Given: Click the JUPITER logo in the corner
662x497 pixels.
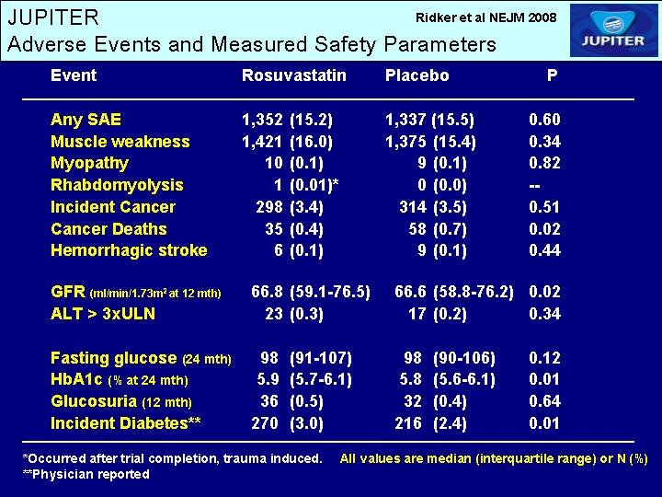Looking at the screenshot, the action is click(613, 30).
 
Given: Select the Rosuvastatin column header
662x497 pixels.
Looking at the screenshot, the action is click(294, 75).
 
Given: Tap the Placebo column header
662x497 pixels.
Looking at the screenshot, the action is click(417, 75).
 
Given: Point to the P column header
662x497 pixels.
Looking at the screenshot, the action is click(552, 75).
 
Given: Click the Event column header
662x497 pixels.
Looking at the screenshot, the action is click(74, 75).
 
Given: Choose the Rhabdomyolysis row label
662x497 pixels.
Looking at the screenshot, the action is click(117, 185).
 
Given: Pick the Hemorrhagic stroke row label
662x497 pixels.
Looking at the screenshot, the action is click(129, 250).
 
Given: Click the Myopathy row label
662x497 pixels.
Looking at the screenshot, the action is click(89, 163).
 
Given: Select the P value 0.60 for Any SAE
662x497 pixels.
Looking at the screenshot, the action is click(544, 120).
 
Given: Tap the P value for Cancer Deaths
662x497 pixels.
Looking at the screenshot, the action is click(544, 229).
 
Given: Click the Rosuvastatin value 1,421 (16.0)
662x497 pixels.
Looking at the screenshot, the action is click(287, 142).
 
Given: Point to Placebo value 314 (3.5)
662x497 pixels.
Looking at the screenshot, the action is click(433, 207).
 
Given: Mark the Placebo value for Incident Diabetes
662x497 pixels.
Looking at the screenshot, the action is click(431, 423).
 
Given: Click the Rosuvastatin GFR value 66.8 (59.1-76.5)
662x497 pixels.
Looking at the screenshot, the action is click(311, 292).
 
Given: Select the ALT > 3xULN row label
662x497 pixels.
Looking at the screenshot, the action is click(103, 314).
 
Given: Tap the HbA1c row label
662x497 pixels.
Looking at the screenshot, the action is click(119, 379).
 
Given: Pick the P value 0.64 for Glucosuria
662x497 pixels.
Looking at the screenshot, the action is click(544, 401).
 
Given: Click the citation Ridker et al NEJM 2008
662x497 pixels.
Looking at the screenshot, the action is click(486, 17).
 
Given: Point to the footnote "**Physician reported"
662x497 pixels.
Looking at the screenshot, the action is click(86, 475).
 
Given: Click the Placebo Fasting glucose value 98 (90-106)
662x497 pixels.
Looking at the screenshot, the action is click(450, 358).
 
